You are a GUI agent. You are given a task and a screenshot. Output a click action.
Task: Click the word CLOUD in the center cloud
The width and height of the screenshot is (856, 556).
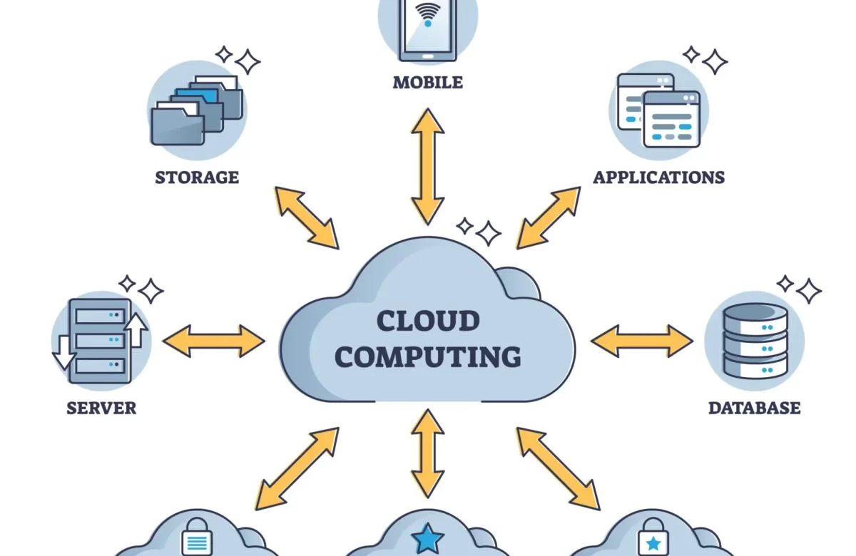(428, 321)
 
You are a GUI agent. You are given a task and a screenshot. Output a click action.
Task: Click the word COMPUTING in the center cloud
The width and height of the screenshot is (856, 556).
(428, 356)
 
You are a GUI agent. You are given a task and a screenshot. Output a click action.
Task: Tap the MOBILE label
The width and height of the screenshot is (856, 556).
(428, 83)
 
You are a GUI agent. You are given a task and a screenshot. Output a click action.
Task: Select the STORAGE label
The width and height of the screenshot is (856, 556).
(197, 177)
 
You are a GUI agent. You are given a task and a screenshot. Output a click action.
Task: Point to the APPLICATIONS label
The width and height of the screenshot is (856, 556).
(658, 177)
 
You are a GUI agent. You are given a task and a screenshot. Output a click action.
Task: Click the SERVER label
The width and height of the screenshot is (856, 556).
(101, 408)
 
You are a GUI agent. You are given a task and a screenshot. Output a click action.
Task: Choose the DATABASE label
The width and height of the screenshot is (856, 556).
(754, 408)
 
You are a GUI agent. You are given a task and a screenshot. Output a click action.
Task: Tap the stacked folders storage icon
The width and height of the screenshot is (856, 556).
(197, 110)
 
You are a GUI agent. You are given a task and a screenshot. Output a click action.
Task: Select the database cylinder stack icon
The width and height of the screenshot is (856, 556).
(755, 341)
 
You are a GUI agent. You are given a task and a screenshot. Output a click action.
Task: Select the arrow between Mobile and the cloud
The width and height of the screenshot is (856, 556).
(428, 166)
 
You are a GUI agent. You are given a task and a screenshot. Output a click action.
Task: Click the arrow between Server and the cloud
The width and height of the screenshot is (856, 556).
(214, 341)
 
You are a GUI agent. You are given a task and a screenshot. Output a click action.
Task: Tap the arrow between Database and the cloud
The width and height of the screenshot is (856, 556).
(642, 341)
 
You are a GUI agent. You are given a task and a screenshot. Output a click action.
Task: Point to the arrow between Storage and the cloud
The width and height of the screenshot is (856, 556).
(307, 217)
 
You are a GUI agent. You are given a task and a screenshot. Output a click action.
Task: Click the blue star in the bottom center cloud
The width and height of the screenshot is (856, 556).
(427, 539)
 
